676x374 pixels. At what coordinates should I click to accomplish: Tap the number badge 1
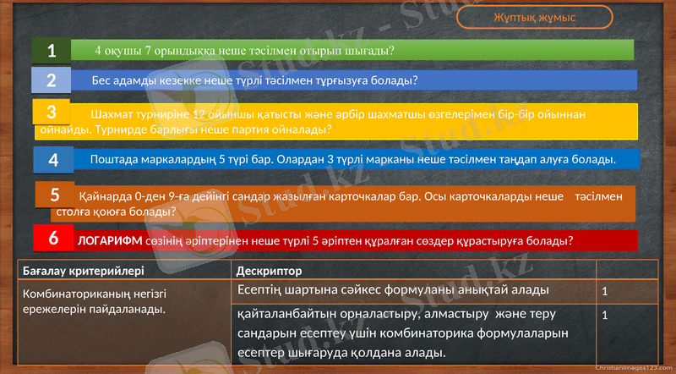tap(52, 51)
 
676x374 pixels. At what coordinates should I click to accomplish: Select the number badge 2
tap(52, 80)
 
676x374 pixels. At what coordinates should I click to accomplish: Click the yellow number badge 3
tap(52, 112)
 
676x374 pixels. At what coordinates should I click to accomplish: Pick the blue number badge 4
tap(54, 159)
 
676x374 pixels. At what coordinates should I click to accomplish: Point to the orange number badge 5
tap(55, 195)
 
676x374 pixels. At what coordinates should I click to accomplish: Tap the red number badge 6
tap(53, 239)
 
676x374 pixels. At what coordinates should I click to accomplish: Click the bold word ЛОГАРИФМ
tap(110, 240)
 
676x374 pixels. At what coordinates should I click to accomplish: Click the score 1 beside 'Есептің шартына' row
tap(604, 291)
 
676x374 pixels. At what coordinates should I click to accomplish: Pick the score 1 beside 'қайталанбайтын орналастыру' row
tap(604, 315)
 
